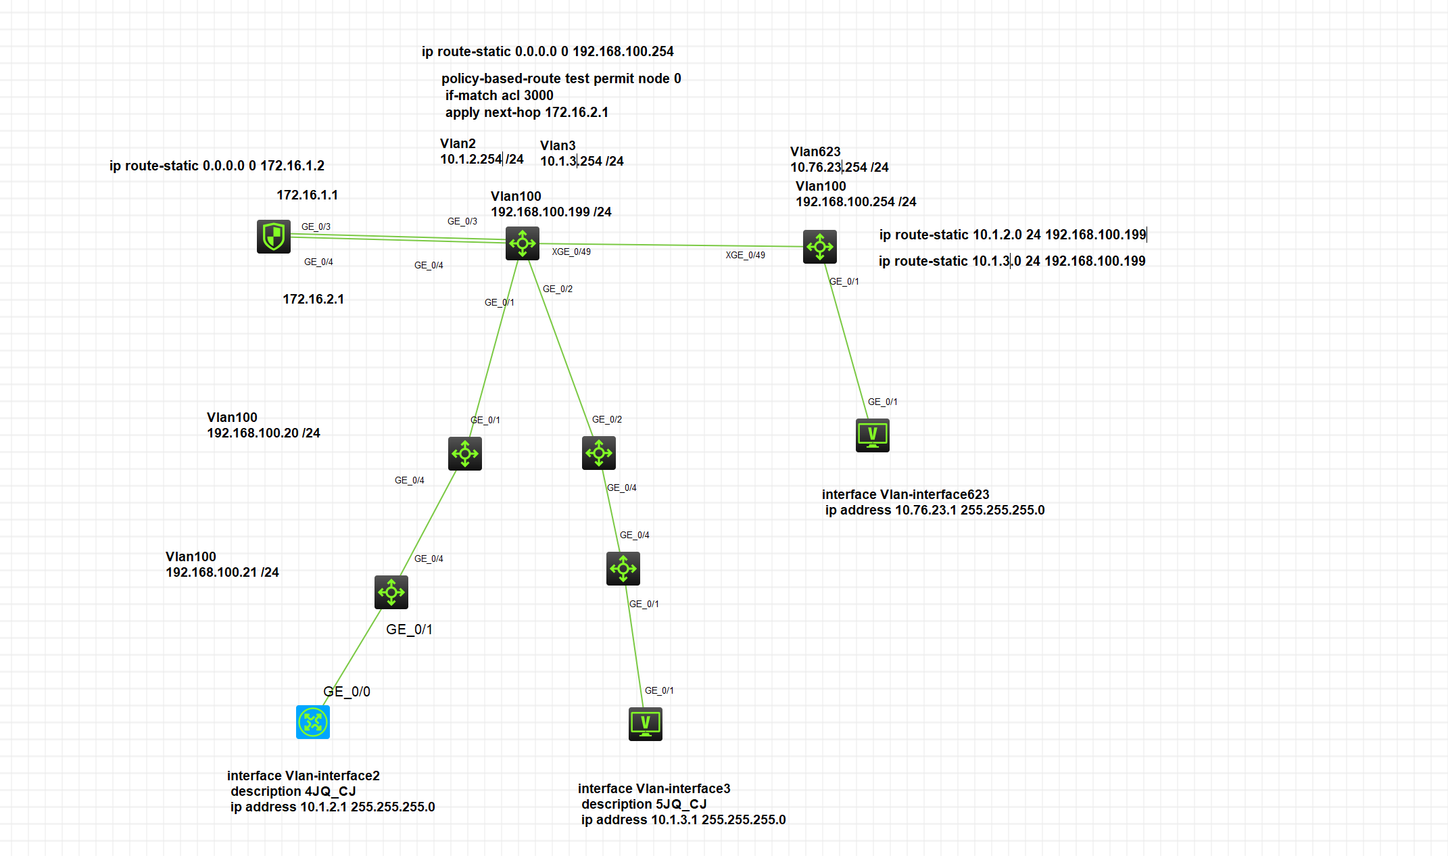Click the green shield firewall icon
click(274, 237)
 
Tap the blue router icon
click(313, 722)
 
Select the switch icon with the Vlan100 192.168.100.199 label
click(523, 243)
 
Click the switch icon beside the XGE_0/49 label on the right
click(820, 247)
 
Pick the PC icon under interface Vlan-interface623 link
click(873, 435)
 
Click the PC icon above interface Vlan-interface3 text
click(646, 724)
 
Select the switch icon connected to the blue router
click(391, 592)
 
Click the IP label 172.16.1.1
click(308, 195)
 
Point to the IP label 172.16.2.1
click(314, 299)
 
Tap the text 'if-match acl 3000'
click(499, 95)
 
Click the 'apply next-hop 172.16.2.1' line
click(527, 112)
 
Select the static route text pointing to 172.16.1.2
click(217, 166)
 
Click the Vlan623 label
click(815, 151)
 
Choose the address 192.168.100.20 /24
click(264, 433)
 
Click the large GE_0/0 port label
click(347, 692)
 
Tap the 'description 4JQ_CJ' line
click(293, 791)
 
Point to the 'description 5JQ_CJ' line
click(644, 804)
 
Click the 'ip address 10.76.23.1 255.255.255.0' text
click(935, 510)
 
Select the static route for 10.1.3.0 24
click(1012, 261)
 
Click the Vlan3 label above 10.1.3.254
click(558, 145)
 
